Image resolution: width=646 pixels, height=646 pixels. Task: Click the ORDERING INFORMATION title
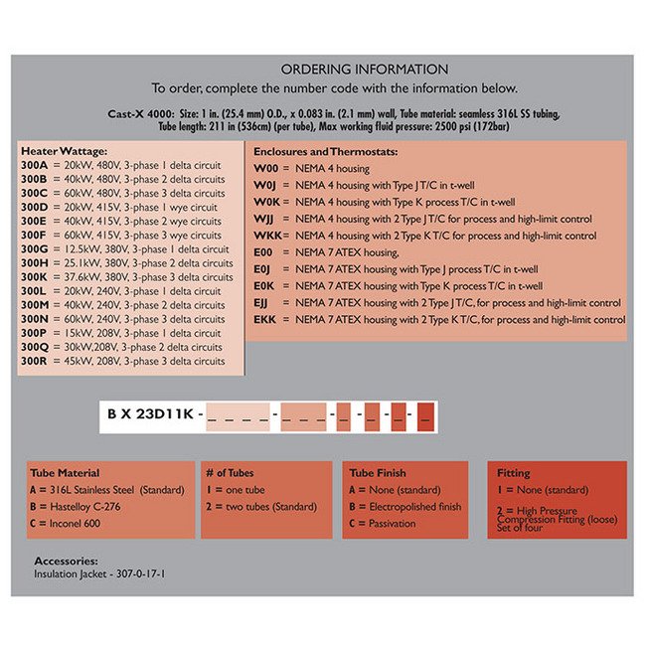click(364, 70)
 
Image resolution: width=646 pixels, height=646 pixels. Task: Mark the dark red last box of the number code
click(425, 412)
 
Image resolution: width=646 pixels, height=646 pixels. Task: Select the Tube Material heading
click(65, 473)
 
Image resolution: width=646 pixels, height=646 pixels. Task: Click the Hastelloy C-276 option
click(78, 507)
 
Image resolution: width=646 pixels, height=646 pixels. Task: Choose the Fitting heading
click(513, 473)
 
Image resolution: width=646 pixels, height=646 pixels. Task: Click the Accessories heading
click(67, 561)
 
